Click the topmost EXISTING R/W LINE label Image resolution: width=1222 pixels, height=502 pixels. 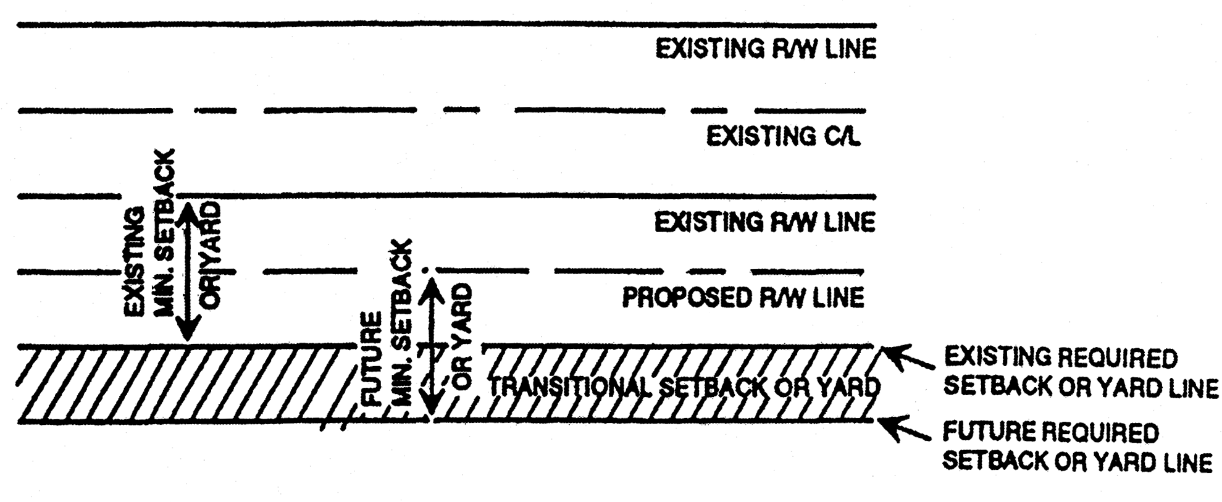pyautogui.click(x=766, y=49)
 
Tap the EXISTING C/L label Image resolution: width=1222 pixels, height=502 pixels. pyautogui.click(x=783, y=136)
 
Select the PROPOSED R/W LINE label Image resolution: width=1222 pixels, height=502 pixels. pyautogui.click(x=743, y=298)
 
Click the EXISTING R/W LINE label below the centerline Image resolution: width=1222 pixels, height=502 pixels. pyautogui.click(x=764, y=222)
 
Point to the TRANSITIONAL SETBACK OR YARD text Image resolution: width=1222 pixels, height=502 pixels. pyautogui.click(x=684, y=387)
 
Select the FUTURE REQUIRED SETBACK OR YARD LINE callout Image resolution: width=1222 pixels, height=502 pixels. pyautogui.click(x=1077, y=447)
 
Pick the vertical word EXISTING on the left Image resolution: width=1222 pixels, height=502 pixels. pyautogui.click(x=135, y=262)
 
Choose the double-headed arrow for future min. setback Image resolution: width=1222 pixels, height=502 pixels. pyautogui.click(x=433, y=348)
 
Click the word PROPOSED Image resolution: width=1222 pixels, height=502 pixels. pyautogui.click(x=685, y=298)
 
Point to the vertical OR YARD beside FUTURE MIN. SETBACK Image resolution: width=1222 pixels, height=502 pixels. pyautogui.click(x=462, y=337)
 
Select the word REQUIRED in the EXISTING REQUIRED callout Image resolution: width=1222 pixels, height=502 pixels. pyautogui.click(x=1118, y=358)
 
